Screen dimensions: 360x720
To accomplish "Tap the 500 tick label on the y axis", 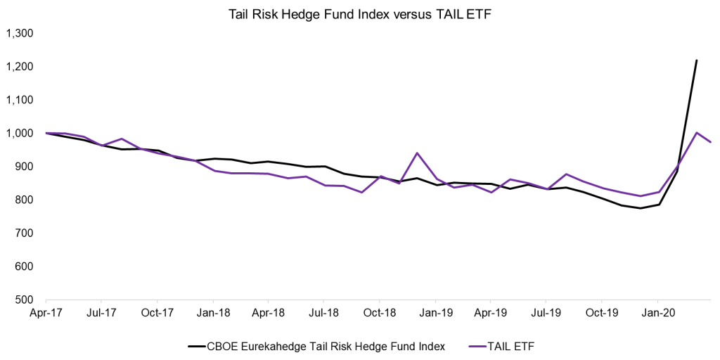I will tap(28, 300).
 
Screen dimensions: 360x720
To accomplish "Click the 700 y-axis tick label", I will tap(28, 233).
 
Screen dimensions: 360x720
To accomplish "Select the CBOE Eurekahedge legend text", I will tap(326, 346).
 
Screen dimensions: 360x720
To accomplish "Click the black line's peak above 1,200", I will tap(696, 60).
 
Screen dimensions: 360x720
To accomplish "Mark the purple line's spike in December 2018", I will tap(417, 153).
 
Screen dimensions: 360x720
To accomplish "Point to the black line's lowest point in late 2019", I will tap(640, 208).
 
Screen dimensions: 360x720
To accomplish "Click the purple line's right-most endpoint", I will tap(711, 142).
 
